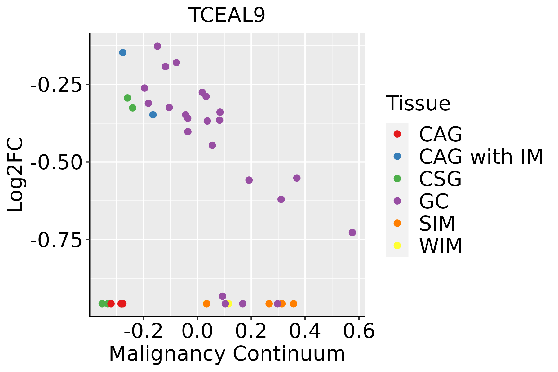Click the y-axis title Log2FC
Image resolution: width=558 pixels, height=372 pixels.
(x=15, y=175)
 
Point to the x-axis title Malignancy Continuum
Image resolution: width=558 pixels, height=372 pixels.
(x=227, y=354)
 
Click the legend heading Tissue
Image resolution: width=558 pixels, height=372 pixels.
(x=418, y=104)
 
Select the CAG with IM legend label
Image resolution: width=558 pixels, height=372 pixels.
(x=481, y=157)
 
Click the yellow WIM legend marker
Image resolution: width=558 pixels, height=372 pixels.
(x=397, y=246)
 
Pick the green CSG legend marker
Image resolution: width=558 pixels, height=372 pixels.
(x=397, y=179)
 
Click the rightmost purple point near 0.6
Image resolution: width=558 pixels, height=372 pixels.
(x=352, y=232)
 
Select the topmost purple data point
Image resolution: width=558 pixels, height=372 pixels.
(x=157, y=46)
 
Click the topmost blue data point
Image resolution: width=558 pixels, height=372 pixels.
(x=123, y=53)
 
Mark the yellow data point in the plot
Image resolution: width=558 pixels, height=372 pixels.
(x=229, y=303)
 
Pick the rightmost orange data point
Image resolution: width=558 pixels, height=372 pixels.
(x=294, y=303)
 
